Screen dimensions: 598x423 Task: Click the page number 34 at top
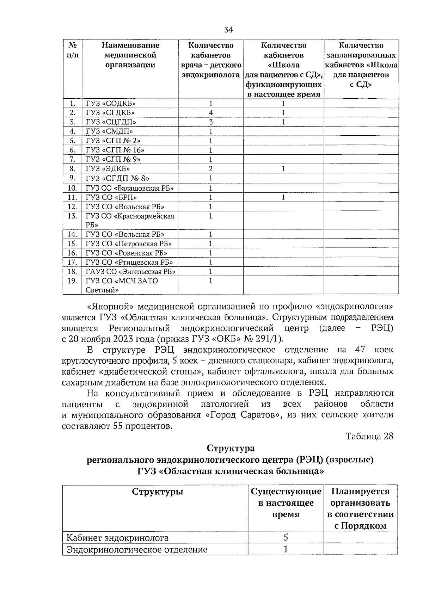point(228,30)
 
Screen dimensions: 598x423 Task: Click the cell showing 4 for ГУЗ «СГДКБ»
point(211,113)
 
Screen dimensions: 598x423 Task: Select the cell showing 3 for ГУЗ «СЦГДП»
point(211,122)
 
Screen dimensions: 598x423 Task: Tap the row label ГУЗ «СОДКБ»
point(111,104)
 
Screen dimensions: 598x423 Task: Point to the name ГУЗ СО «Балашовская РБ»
point(130,188)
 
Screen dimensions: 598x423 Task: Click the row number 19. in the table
point(72,281)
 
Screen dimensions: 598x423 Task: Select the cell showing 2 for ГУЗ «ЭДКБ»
point(211,169)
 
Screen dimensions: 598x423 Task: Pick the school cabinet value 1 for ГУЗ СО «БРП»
point(283,197)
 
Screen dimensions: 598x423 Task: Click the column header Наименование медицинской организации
point(130,55)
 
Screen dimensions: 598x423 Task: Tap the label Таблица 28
point(369,436)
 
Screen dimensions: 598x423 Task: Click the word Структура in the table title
point(231,448)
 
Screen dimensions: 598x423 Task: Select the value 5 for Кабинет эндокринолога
point(286,537)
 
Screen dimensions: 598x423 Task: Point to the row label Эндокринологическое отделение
point(137,550)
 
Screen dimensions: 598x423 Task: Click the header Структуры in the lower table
point(157,491)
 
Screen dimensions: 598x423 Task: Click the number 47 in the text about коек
point(358,350)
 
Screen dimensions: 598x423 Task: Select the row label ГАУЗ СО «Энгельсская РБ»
point(130,272)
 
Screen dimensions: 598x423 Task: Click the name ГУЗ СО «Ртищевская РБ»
point(129,262)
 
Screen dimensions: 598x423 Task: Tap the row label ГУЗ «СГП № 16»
point(115,150)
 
